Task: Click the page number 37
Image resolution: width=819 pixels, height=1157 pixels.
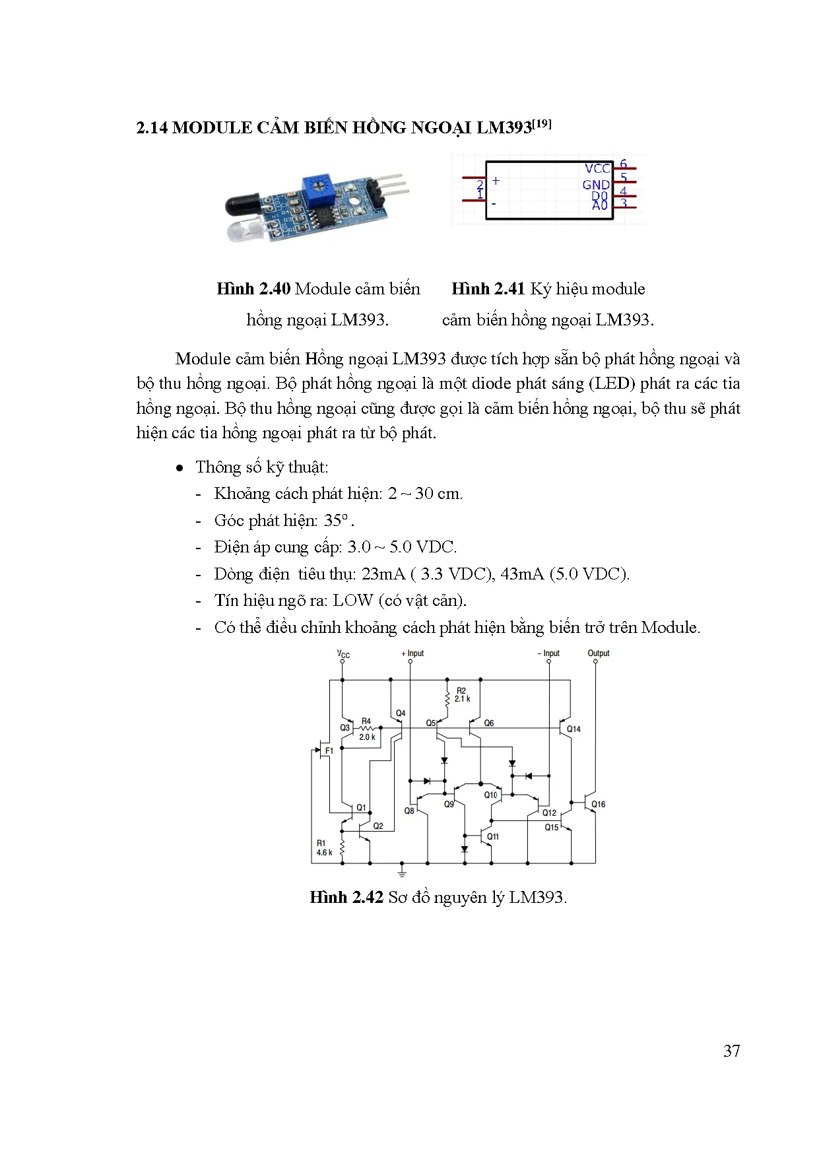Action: (731, 1050)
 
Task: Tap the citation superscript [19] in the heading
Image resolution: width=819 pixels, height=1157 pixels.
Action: (542, 123)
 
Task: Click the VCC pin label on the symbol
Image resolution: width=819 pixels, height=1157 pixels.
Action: (597, 169)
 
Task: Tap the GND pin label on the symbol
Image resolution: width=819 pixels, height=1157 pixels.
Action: (595, 185)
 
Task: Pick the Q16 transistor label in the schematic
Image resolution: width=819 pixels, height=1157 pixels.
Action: (598, 804)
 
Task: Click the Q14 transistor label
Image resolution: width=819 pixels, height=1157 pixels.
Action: (573, 729)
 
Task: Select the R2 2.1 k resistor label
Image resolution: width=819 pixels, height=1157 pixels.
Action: (462, 694)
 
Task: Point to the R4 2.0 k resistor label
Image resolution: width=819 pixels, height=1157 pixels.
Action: (367, 729)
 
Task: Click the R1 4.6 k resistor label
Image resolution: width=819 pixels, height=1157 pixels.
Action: (324, 847)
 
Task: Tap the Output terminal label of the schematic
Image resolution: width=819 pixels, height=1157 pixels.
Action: (598, 653)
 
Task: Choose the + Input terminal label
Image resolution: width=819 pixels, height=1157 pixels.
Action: (412, 653)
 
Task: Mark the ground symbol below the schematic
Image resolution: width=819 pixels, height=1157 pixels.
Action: (402, 873)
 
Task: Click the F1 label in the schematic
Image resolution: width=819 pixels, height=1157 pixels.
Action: (329, 750)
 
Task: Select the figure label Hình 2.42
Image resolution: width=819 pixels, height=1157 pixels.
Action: (346, 897)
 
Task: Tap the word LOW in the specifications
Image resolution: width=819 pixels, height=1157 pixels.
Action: (353, 600)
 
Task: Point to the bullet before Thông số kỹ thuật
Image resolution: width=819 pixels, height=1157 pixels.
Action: (180, 468)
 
